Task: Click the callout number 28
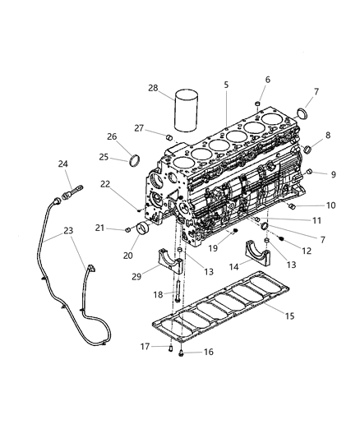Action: point(154,88)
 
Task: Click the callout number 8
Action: point(328,135)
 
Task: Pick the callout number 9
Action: point(334,174)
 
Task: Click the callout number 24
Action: point(62,164)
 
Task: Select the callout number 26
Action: point(112,137)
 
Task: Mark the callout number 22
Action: point(127,185)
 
